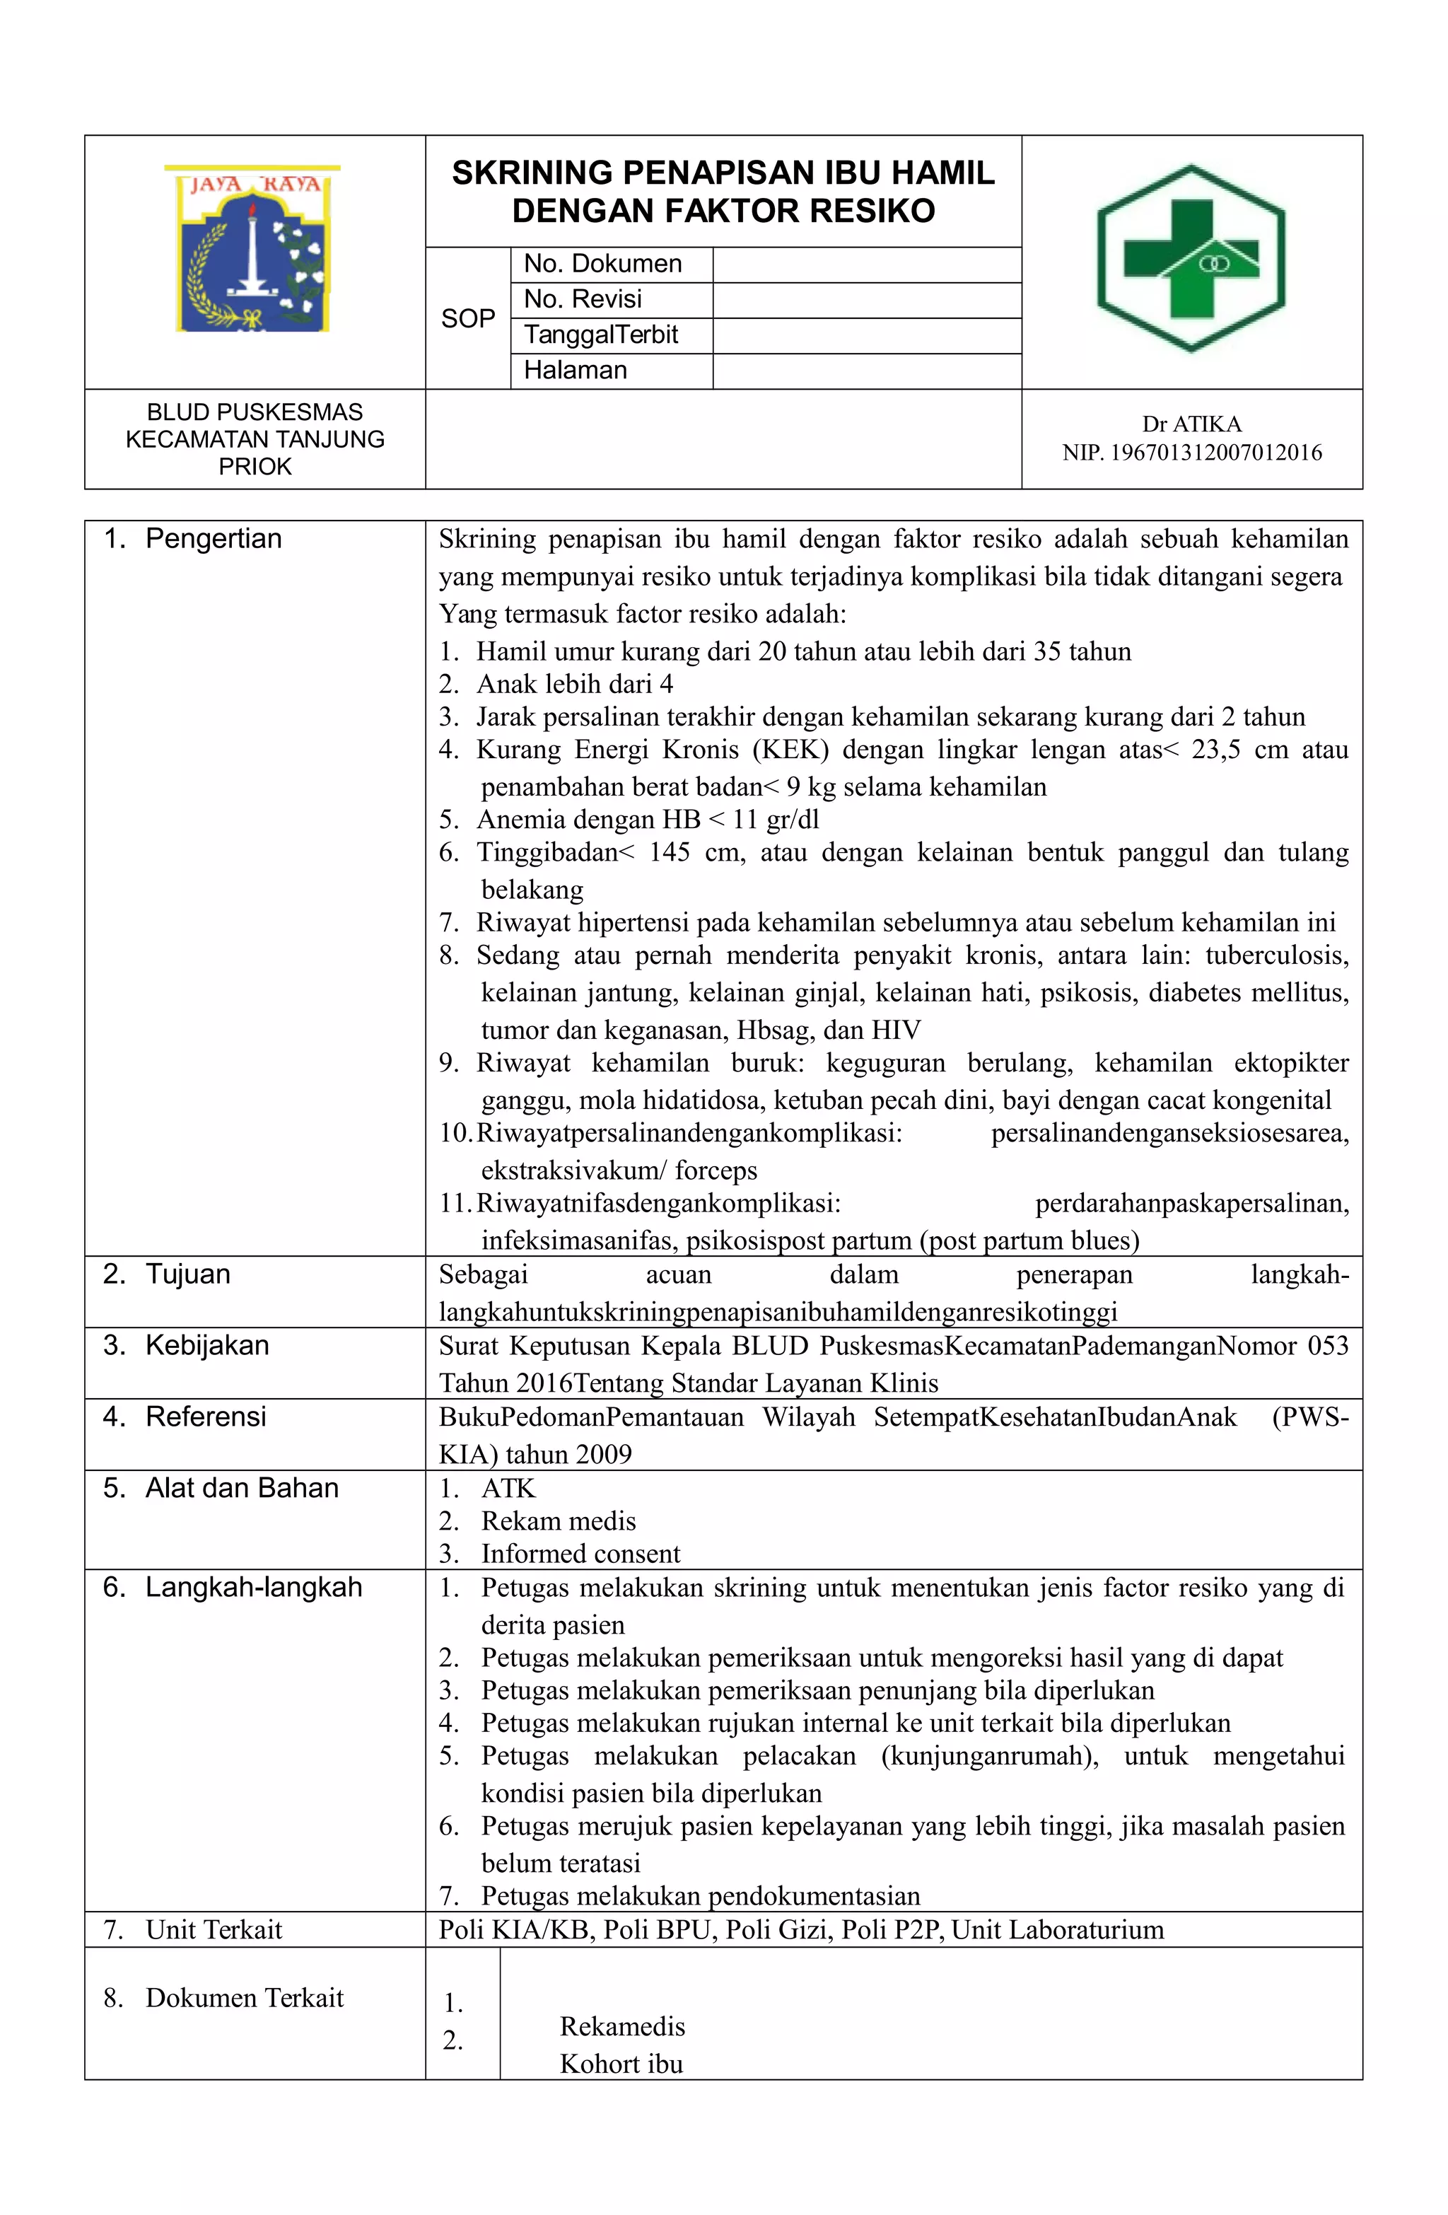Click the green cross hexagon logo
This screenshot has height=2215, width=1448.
click(x=1191, y=259)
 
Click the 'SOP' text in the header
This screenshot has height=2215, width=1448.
click(x=468, y=318)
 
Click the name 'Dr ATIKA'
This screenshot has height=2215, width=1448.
click(x=1191, y=424)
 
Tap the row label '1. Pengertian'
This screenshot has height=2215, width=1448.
click(x=192, y=539)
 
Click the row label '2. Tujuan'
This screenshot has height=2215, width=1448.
click(x=168, y=1274)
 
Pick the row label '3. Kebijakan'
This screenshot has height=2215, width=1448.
click(x=186, y=1346)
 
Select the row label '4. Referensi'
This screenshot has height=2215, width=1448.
click(x=185, y=1417)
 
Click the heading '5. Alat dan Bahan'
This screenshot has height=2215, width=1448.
click(x=221, y=1488)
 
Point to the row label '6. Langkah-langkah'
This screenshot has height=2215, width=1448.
click(x=233, y=1587)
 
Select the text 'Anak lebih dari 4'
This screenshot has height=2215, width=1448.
click(x=574, y=684)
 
